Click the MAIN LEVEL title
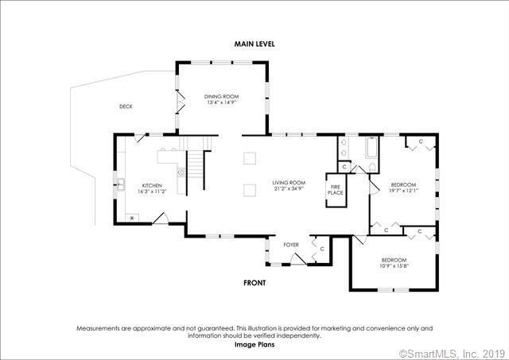point(254,44)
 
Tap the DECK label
point(126,106)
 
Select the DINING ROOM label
point(221,96)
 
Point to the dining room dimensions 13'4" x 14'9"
point(221,103)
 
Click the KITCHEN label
point(152,185)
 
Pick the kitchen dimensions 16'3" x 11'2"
point(152,192)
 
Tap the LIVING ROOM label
point(289,183)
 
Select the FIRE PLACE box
point(336,190)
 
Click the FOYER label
point(291,245)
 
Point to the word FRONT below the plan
point(254,283)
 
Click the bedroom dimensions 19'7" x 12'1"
point(403,191)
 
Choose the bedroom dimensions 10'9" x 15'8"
point(394,266)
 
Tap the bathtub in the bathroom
point(371,148)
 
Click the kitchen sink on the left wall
point(121,184)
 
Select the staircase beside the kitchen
point(195,164)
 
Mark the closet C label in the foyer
point(322,249)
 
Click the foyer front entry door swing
point(298,258)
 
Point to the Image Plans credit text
point(254,345)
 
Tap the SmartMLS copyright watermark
point(453,353)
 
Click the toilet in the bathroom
point(372,168)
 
